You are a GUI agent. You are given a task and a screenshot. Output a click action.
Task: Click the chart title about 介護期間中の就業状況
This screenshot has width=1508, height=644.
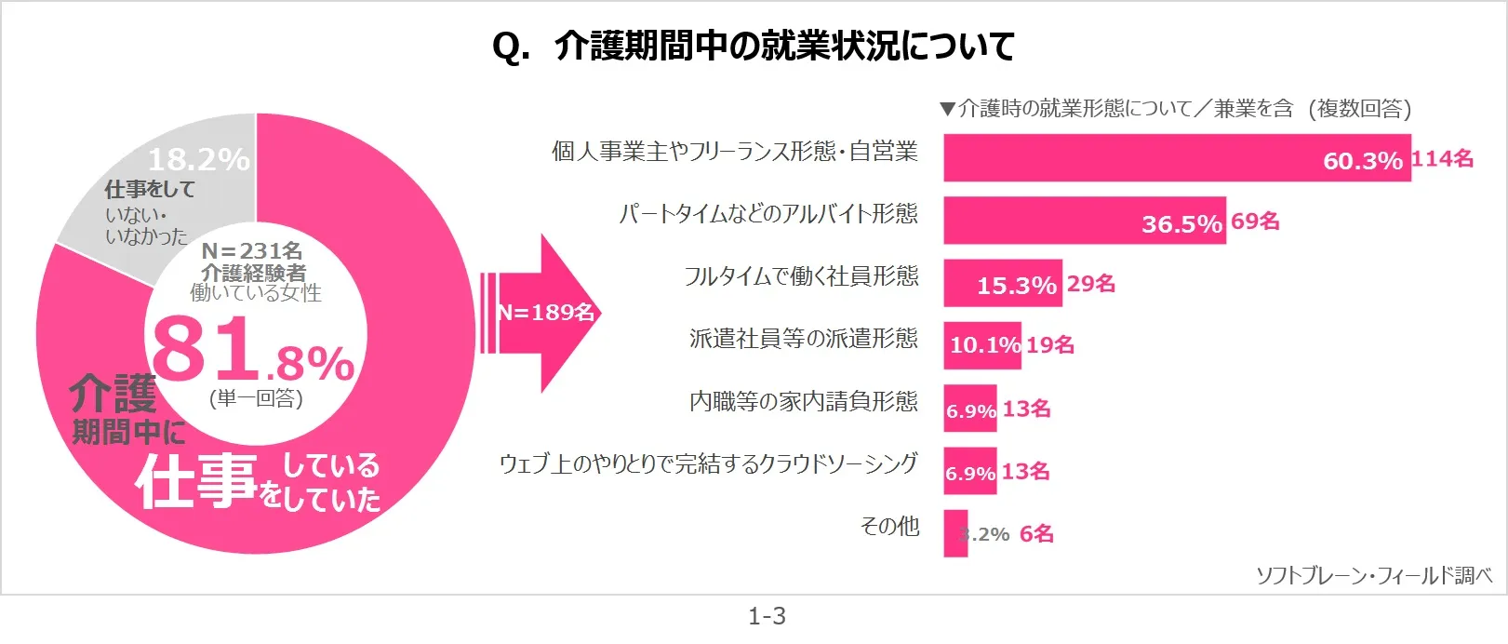tap(753, 45)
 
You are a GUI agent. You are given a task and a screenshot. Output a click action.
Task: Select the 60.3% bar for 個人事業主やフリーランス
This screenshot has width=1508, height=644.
tap(1176, 157)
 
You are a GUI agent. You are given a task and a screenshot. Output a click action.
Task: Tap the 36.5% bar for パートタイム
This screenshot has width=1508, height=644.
tap(1084, 221)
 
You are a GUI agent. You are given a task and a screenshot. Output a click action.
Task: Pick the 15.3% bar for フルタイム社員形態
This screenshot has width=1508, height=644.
tap(1002, 283)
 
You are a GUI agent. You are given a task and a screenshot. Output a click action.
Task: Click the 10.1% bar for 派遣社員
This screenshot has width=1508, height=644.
tap(981, 345)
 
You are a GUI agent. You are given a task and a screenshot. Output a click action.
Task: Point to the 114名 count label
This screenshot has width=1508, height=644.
tap(1442, 159)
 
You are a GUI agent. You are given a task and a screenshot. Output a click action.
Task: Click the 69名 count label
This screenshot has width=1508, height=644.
tap(1255, 221)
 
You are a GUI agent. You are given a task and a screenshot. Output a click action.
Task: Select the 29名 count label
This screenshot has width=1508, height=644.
tap(1090, 284)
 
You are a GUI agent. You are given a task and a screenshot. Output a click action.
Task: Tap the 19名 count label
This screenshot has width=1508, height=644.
tap(1050, 345)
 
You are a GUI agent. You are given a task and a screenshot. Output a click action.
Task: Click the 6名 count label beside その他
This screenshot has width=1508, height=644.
tap(1036, 534)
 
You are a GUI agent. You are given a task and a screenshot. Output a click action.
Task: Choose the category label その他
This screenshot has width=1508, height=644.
tap(889, 527)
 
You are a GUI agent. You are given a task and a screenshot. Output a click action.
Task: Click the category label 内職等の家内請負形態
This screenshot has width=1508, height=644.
tap(803, 401)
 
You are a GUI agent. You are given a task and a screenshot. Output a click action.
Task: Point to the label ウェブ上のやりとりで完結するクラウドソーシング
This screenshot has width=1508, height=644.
tap(708, 463)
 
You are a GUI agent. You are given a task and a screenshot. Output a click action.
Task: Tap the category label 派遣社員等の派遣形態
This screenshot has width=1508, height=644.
tap(803, 339)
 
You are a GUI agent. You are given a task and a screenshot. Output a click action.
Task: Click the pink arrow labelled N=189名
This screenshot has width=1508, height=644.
tap(544, 313)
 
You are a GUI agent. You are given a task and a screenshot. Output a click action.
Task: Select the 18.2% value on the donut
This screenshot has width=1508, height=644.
tap(198, 159)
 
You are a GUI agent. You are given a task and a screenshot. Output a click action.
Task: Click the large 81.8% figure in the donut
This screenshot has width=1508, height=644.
tap(252, 352)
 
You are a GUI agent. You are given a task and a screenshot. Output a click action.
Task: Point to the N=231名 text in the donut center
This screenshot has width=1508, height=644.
tap(252, 250)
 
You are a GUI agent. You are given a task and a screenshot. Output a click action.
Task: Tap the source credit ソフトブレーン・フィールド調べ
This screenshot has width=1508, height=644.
tap(1373, 576)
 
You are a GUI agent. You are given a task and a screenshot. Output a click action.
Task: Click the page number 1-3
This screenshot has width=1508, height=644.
tap(767, 616)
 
